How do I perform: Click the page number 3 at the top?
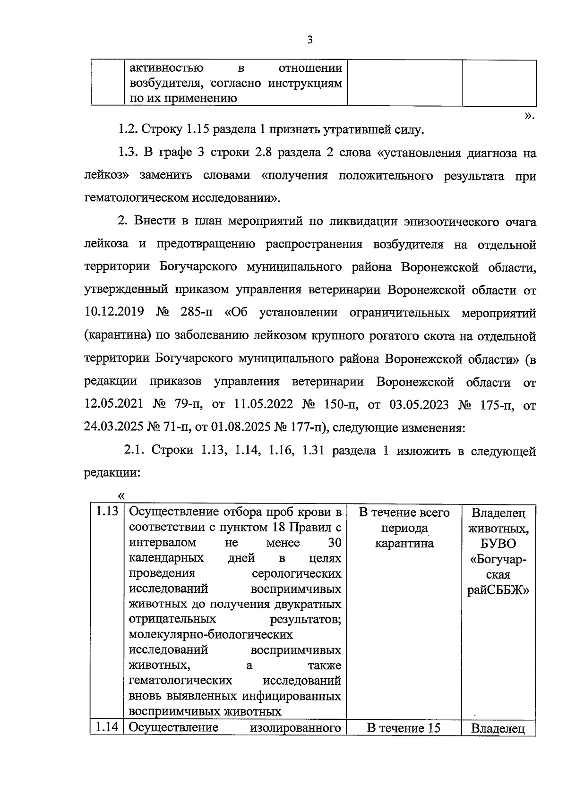(310, 40)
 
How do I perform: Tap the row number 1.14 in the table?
(107, 727)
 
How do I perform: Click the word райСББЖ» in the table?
(498, 590)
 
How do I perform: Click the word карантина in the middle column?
(404, 544)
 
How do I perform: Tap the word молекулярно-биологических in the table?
(211, 635)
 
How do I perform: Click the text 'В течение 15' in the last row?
(404, 728)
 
